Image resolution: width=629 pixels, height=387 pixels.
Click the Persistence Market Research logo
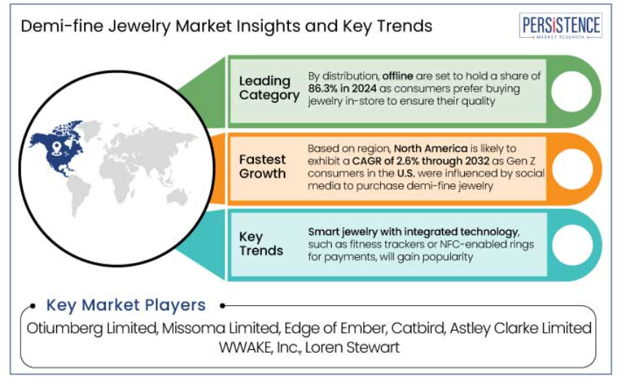point(560,26)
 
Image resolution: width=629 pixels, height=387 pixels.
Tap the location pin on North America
point(57,148)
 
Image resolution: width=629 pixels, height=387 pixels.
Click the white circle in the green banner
point(571,91)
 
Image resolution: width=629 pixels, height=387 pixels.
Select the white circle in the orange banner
point(572,169)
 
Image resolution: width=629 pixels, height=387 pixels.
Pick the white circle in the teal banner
point(572,245)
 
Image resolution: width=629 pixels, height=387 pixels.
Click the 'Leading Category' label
point(269,88)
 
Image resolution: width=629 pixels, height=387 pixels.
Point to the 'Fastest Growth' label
point(263,166)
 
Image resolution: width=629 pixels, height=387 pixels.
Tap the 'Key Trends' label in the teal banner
point(261,244)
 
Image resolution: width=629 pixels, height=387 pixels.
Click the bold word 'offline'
point(398,76)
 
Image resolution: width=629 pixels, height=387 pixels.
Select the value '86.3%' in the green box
point(323,88)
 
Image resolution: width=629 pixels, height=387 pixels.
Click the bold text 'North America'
point(431,148)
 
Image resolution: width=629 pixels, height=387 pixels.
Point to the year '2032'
point(477,161)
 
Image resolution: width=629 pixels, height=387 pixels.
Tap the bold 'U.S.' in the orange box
point(406,174)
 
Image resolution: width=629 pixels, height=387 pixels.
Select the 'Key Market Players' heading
point(126,305)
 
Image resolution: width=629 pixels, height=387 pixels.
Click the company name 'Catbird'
point(418,328)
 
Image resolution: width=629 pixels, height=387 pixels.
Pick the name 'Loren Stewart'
point(352,348)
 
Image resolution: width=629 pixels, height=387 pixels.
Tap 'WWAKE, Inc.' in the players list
point(260,348)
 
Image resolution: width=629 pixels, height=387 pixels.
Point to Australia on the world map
point(178,196)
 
